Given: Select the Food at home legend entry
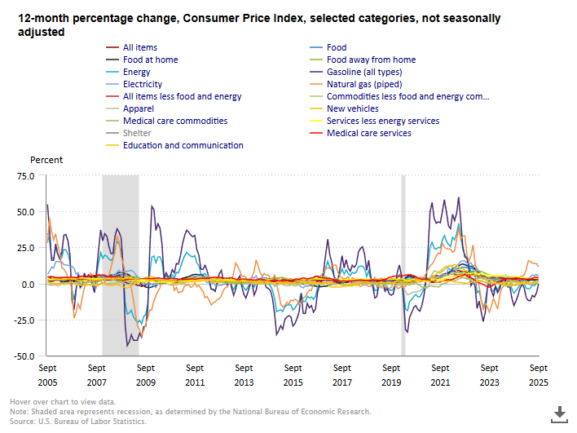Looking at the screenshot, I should [x=150, y=60].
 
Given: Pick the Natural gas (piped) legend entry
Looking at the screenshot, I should [x=364, y=84].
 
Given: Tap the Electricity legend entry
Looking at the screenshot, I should [x=142, y=84].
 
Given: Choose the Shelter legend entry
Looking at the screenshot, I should [x=138, y=133].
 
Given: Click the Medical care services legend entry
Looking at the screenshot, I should [x=369, y=133].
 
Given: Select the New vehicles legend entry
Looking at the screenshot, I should [x=352, y=108].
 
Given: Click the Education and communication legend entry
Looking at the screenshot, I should [x=183, y=145].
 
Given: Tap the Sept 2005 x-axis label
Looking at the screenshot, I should [x=48, y=375].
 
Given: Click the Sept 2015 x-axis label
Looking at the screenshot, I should [x=293, y=375].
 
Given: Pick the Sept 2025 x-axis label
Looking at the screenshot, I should [x=538, y=375].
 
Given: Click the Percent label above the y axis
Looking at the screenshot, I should [x=46, y=160].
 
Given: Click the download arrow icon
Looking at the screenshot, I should [x=559, y=413].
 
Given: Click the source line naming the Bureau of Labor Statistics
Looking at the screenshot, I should [x=78, y=422].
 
